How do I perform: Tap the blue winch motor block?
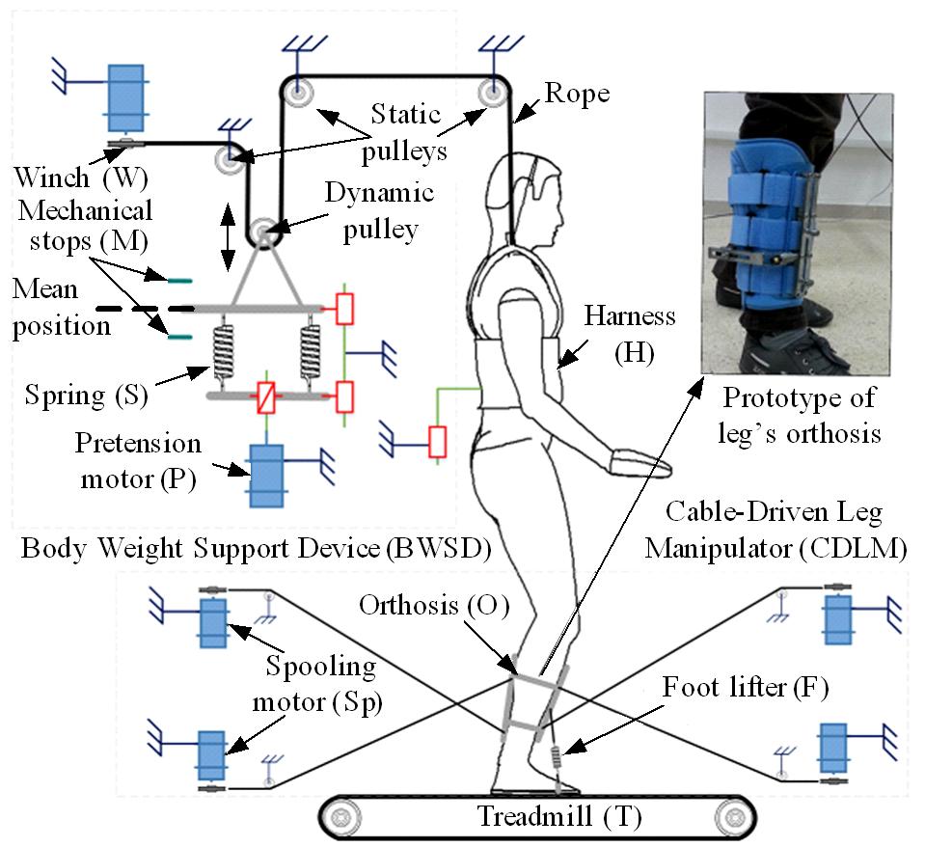click(125, 96)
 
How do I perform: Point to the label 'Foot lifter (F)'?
click(745, 688)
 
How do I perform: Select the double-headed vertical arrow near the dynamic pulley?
click(229, 235)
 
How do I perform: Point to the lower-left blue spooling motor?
click(211, 753)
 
